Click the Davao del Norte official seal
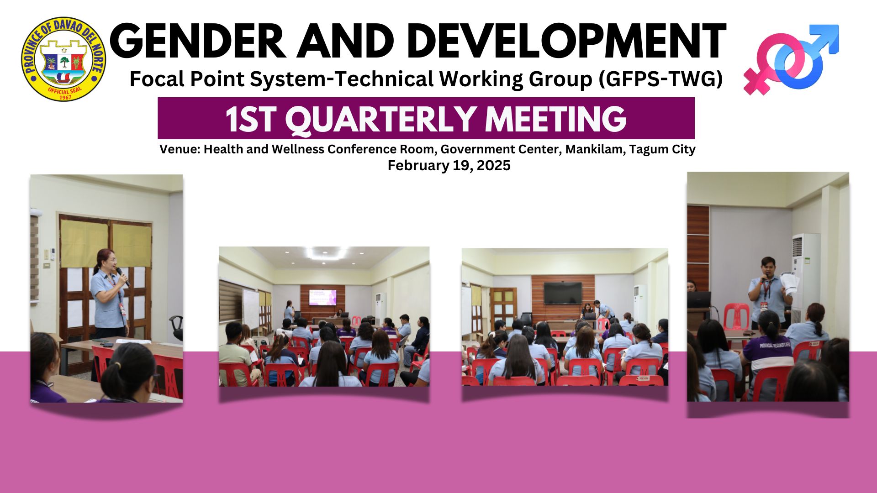click(x=63, y=59)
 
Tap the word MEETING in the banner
click(x=555, y=119)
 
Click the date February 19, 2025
click(x=449, y=165)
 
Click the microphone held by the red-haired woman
click(x=122, y=276)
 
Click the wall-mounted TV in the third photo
click(x=563, y=293)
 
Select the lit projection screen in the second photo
click(x=322, y=297)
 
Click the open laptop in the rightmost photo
click(x=699, y=300)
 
